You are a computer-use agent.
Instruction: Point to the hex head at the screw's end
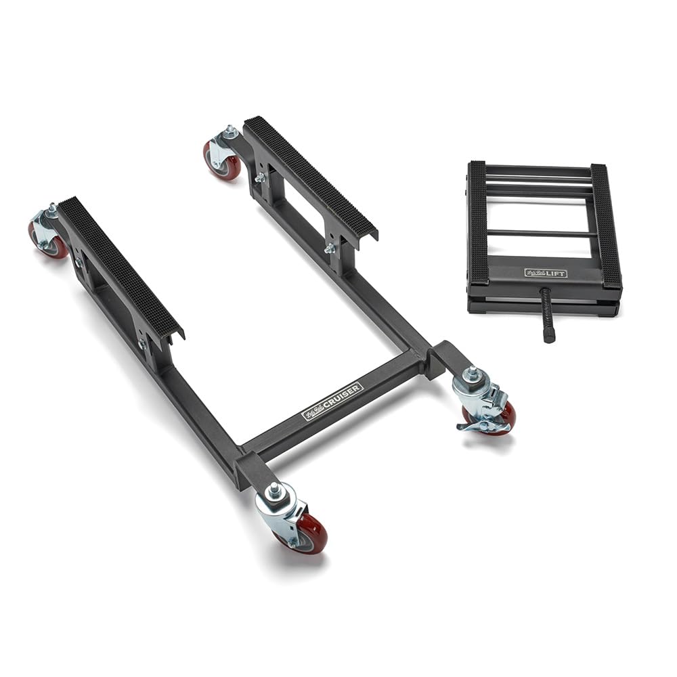tap(548, 334)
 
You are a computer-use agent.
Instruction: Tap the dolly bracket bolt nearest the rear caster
tap(259, 177)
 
